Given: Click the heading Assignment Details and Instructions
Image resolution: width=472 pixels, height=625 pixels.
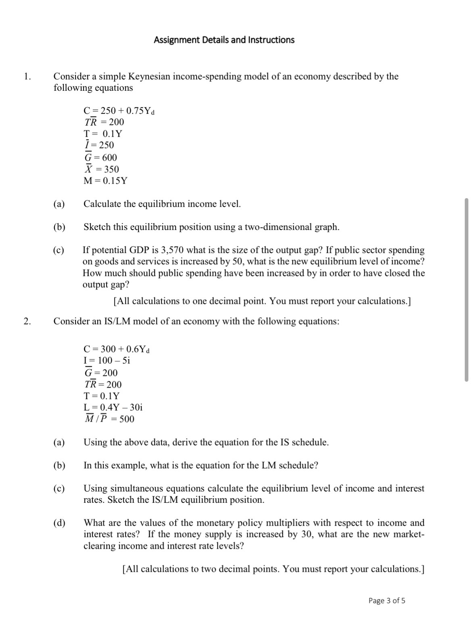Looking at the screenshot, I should pos(224,40).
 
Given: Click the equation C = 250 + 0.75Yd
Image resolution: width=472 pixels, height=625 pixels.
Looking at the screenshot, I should pos(119,111).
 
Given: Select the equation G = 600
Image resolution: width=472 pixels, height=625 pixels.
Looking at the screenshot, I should pos(100,157).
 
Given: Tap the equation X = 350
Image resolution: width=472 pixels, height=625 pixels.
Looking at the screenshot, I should pos(101,169).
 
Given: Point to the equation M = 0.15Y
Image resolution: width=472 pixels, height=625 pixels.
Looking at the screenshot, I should pos(105,181).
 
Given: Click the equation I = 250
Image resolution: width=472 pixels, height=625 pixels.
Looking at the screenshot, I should pos(99,145).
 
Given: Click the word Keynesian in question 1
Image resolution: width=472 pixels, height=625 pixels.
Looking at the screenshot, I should pos(149,77).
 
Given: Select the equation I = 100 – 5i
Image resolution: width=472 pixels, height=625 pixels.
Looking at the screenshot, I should pos(107,360).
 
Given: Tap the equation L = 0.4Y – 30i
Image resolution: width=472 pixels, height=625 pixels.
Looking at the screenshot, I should pos(113,407).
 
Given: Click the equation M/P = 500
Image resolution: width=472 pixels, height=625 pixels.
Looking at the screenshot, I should pos(109,419).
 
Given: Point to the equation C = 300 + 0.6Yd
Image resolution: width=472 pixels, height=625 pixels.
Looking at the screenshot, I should pos(117,349).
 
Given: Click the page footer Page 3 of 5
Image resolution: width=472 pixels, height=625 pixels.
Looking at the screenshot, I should pos(386,600).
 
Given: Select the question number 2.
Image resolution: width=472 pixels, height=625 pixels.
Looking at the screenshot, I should pos(27,321).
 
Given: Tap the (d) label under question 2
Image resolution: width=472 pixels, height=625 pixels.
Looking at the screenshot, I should pos(59,523).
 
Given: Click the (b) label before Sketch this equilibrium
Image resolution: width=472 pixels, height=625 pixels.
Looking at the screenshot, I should pos(59,227).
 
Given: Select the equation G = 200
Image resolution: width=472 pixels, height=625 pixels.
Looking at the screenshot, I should pos(100,372).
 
